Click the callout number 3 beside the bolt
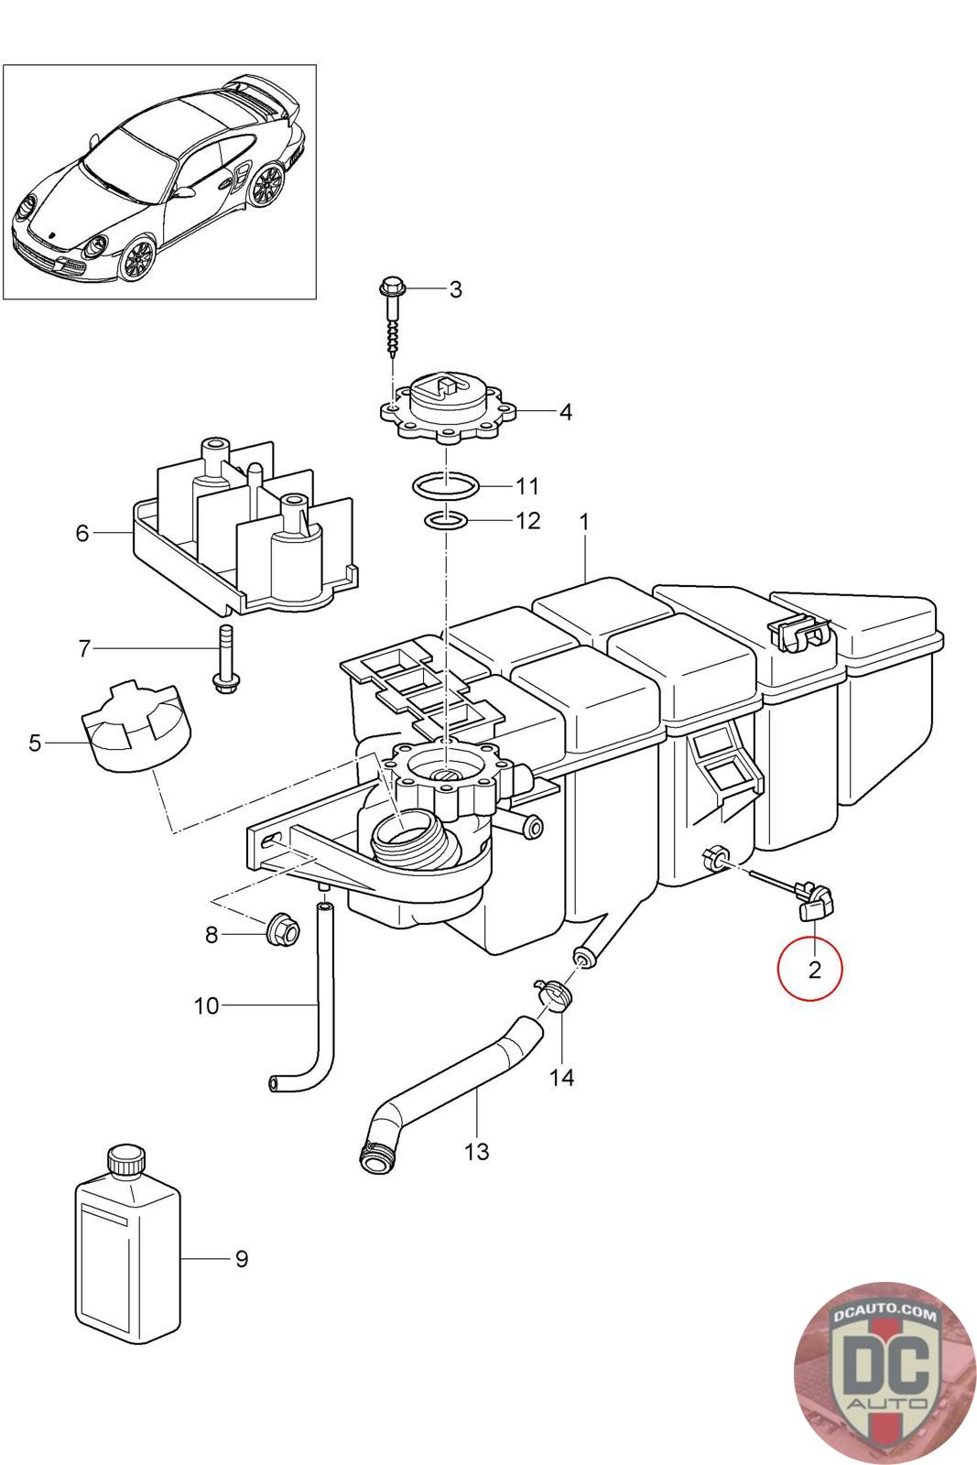tap(455, 289)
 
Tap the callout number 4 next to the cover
tap(566, 412)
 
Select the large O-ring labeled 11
tap(445, 486)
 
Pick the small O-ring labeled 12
tap(446, 521)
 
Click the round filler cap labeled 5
tap(136, 726)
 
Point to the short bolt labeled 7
tap(224, 659)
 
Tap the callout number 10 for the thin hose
tap(207, 1005)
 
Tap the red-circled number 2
tap(813, 969)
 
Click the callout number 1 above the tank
tap(584, 521)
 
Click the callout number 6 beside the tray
tap(81, 533)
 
